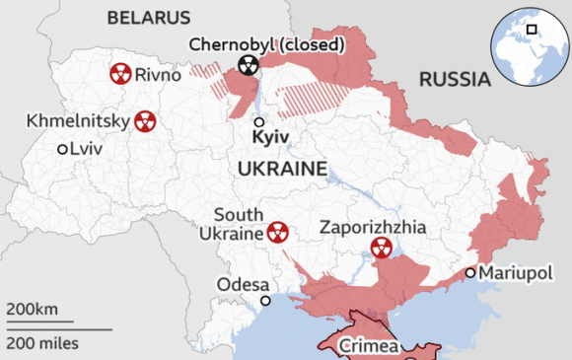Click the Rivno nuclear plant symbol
click(119, 73)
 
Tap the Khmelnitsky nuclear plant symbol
click(144, 120)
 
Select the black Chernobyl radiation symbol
click(248, 67)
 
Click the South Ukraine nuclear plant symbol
click(277, 233)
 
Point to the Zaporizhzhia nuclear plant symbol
click(380, 248)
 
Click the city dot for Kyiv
click(258, 123)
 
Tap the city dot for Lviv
click(62, 149)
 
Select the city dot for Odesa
click(265, 300)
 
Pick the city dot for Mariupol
click(470, 272)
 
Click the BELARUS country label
click(149, 18)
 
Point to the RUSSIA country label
click(454, 79)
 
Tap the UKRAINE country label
click(282, 170)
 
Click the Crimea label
click(369, 346)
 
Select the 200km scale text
click(33, 310)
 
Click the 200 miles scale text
click(42, 343)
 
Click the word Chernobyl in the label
click(228, 44)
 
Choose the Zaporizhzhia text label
click(374, 227)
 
